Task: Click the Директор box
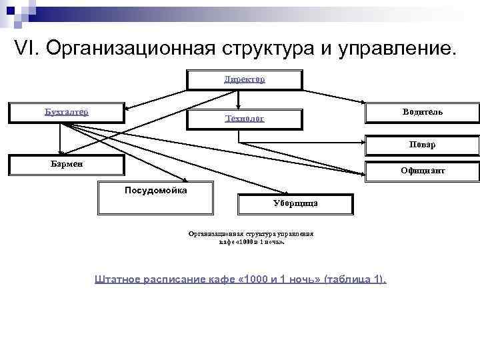pos(244,79)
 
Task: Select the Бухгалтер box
pos(66,112)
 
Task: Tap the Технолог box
pos(244,119)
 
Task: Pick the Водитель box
pos(422,112)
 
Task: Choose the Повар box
pos(422,145)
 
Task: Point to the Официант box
pos(422,171)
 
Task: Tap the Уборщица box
pos(295,204)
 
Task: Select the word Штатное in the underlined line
pos(119,279)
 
